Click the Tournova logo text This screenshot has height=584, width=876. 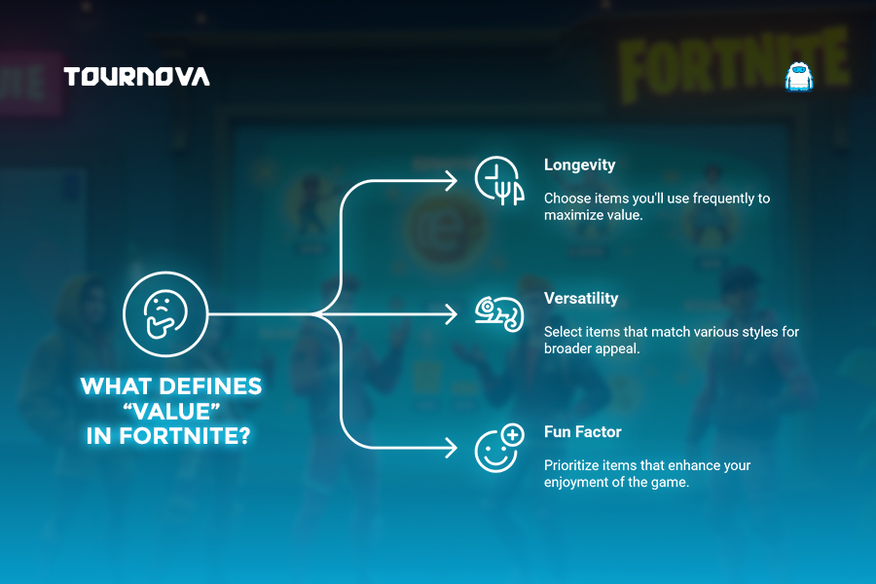click(137, 77)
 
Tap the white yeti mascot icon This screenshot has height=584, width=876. click(799, 77)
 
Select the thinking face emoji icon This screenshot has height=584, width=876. click(165, 314)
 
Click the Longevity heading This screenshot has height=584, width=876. click(579, 164)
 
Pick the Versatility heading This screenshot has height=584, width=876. click(581, 298)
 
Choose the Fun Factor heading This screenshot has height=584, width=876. click(583, 431)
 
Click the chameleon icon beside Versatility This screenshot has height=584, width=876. click(499, 313)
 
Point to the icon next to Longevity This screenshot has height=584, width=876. click(499, 180)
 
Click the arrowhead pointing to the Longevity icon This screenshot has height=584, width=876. click(452, 180)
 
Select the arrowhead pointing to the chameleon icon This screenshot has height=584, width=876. click(452, 314)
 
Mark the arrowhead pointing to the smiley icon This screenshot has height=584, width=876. click(452, 448)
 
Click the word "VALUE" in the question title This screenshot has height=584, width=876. click(171, 412)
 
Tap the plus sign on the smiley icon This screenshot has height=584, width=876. click(512, 435)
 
